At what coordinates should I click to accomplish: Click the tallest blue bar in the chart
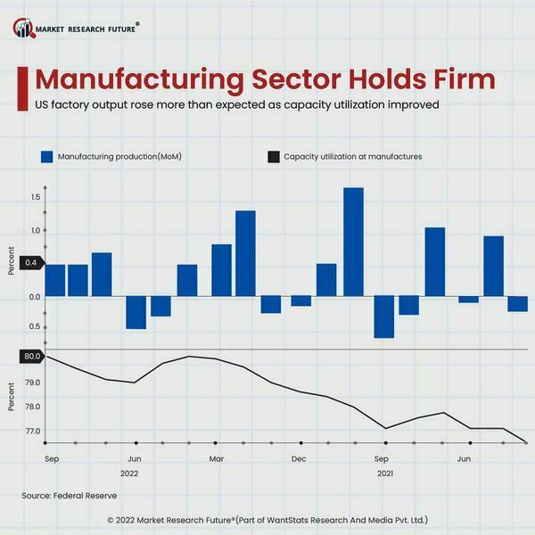pos(353,242)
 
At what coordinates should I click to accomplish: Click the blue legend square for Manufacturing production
pos(48,157)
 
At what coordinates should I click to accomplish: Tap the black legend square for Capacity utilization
pos(273,157)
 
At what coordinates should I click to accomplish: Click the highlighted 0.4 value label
pos(31,263)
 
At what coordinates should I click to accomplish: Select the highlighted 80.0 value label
pos(32,357)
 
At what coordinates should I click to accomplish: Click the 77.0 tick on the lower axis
pos(35,432)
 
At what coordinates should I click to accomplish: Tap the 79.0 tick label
pos(35,383)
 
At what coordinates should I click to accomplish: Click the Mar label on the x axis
pos(217,459)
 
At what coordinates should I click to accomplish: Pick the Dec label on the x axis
pos(299,459)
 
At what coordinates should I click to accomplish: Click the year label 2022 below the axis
pos(129,473)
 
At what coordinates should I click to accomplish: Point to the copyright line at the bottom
pos(267,518)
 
